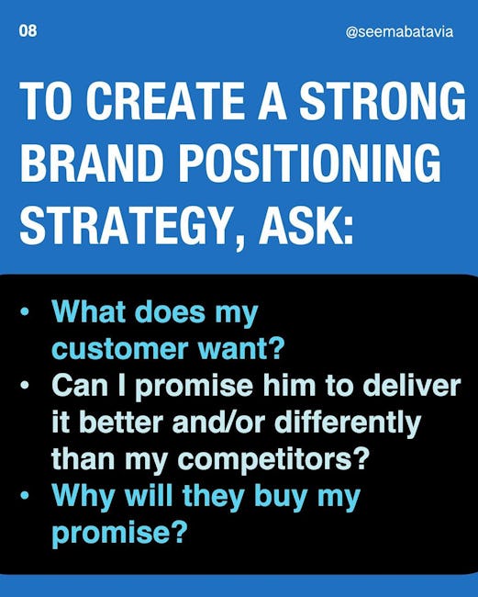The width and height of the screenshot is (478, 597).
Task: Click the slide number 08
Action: pos(28,31)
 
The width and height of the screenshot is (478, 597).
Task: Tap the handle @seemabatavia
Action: pos(400,31)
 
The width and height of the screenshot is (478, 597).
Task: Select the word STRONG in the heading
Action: pos(383,100)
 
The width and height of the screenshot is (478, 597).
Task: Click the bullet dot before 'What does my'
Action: pos(25,311)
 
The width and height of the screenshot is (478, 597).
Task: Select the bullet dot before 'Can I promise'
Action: pos(25,386)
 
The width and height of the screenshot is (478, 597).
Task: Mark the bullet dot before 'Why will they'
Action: pos(25,496)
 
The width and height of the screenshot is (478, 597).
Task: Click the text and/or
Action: pos(218,422)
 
